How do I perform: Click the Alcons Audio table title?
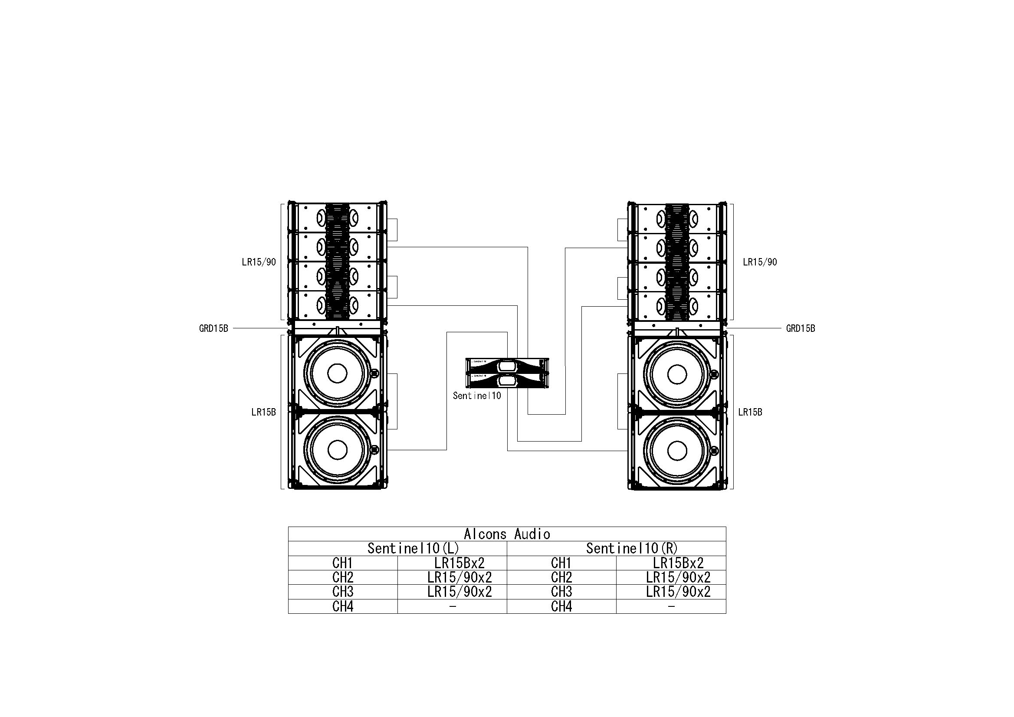pos(506,534)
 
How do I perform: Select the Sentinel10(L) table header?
pos(413,548)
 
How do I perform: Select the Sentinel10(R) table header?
pos(632,548)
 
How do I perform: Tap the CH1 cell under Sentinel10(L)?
pos(342,563)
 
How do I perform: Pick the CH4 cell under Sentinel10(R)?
pos(561,607)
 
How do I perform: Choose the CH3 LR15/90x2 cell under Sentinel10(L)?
pos(459,592)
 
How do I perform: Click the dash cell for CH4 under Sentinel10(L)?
pos(452,607)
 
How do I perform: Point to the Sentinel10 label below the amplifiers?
pos(477,396)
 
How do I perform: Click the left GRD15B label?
pos(214,328)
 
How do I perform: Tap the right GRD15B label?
pos(800,328)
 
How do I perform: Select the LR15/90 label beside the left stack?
pos(259,262)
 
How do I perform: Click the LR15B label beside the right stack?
pos(750,412)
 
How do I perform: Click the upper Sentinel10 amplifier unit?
pos(507,365)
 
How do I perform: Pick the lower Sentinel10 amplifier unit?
pos(507,380)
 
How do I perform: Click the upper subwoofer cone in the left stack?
pos(337,373)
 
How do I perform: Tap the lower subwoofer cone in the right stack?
pos(676,450)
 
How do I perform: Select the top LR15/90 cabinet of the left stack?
pos(338,218)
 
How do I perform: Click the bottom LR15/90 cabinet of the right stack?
pos(677,305)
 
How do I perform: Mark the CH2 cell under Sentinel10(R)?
pos(561,577)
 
